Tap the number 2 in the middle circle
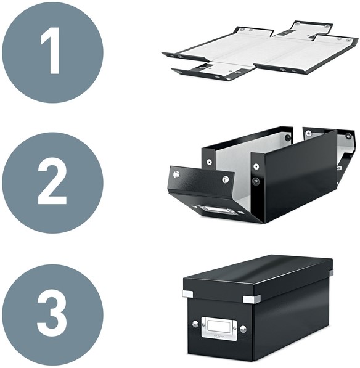[x=52, y=181]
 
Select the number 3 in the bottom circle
[x=52, y=313]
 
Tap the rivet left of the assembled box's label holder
[x=195, y=324]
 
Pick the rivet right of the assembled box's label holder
[x=243, y=329]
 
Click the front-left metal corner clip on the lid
[x=187, y=294]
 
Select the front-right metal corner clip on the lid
[x=252, y=299]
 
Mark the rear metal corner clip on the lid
[x=331, y=272]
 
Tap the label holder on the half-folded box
[x=218, y=210]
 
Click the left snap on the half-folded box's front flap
[x=176, y=174]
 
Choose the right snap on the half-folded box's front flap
[x=225, y=179]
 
